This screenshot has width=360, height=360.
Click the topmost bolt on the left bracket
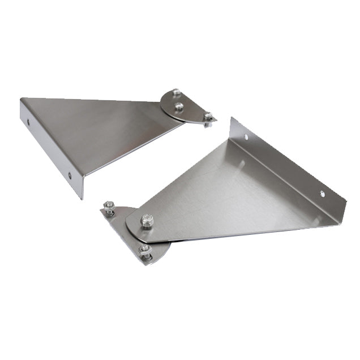pos(177,92)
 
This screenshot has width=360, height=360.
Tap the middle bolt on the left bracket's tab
pos(179,106)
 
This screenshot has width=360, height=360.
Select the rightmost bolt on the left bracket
pos(208,117)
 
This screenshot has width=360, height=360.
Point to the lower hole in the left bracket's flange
pos(70,175)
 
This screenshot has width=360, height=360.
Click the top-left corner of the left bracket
pos(21,99)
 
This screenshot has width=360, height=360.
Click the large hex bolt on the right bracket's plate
pos(147,219)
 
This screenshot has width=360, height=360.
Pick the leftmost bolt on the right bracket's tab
pos(109,207)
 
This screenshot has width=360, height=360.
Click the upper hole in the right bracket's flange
pos(247,136)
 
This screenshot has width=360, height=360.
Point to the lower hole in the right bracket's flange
pos(322,194)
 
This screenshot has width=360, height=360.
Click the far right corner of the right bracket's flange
pos(346,202)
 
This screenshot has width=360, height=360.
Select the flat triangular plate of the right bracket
pos(226,192)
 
